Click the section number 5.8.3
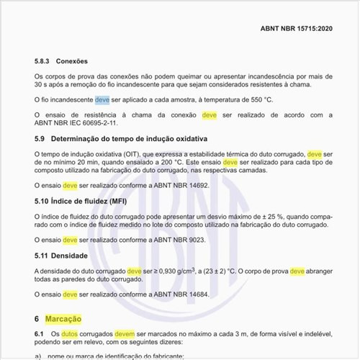(42, 61)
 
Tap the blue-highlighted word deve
(102, 99)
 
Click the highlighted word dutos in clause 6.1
(69, 335)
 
